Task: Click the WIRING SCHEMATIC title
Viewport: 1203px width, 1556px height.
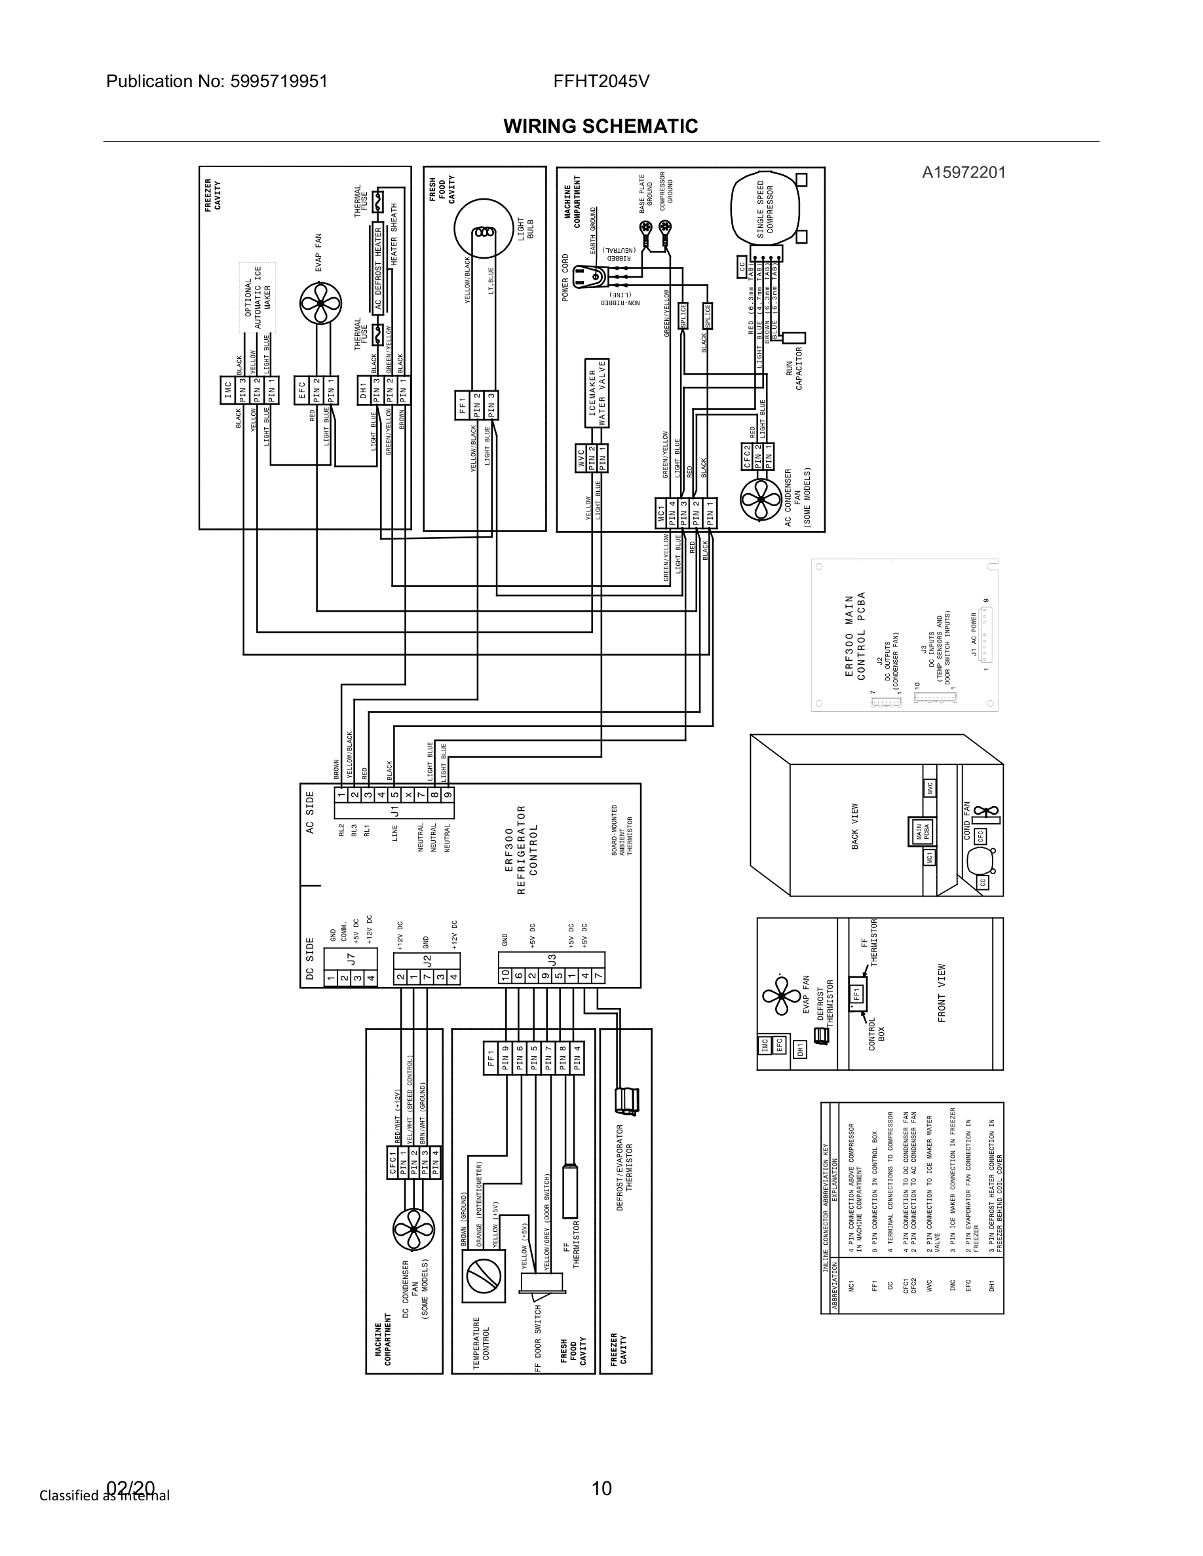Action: click(601, 126)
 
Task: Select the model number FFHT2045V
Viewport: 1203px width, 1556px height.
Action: click(601, 81)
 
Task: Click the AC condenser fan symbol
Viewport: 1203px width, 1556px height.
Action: click(762, 500)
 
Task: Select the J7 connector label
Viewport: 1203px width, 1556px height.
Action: click(350, 961)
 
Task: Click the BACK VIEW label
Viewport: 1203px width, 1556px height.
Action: click(855, 826)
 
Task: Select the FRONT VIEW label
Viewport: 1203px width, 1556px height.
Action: click(942, 993)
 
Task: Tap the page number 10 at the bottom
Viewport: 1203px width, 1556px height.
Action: click(601, 1488)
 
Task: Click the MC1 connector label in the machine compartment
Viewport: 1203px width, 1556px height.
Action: click(661, 513)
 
